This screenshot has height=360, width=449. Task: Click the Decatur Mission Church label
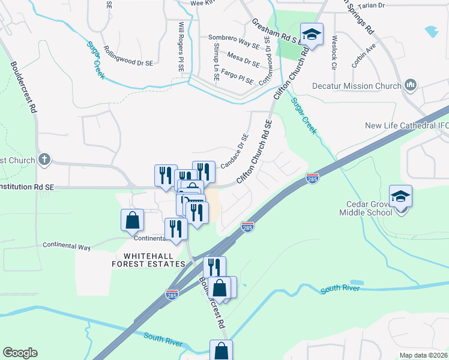coord(357,86)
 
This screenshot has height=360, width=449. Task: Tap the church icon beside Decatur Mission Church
coord(411,85)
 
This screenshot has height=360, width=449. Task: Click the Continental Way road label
coord(67,247)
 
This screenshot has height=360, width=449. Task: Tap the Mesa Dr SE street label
coord(243,59)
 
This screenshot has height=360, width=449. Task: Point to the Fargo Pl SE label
coord(237,77)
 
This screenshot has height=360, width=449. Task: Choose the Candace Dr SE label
coord(234,151)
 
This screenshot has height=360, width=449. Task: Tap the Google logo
coord(20,353)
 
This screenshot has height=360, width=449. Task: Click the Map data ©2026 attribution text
coord(424,355)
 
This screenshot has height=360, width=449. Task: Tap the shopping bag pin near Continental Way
coord(132,221)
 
